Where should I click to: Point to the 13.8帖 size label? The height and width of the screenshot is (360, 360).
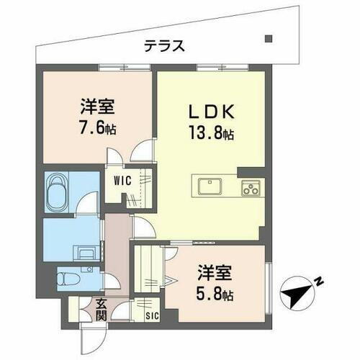pyautogui.click(x=211, y=134)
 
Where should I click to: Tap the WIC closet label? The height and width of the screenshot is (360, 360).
pyautogui.click(x=121, y=181)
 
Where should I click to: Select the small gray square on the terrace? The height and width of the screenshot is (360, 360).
pyautogui.click(x=268, y=39)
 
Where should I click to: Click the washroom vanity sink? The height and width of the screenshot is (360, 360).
pyautogui.click(x=86, y=253)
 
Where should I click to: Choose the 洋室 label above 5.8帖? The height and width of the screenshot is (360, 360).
pyautogui.click(x=215, y=275)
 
